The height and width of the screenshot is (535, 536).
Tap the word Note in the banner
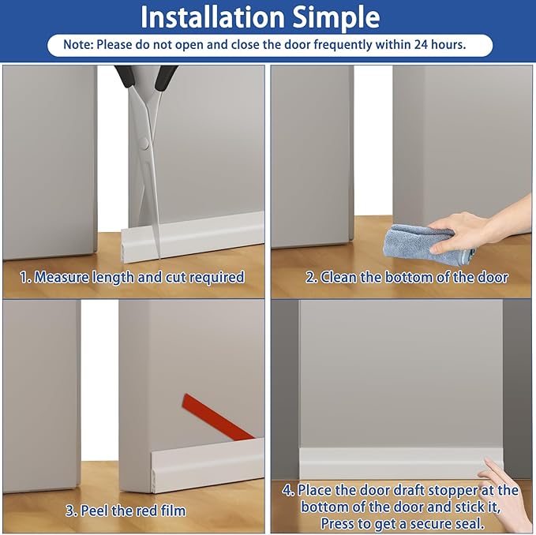[77, 45]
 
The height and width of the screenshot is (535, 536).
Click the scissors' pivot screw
[143, 144]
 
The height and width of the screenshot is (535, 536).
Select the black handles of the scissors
[146, 77]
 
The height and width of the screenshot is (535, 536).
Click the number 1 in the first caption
[23, 277]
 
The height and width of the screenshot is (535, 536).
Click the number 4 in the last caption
[287, 491]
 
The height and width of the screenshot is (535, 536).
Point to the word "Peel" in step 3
[96, 511]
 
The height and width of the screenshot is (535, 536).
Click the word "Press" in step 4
[342, 523]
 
